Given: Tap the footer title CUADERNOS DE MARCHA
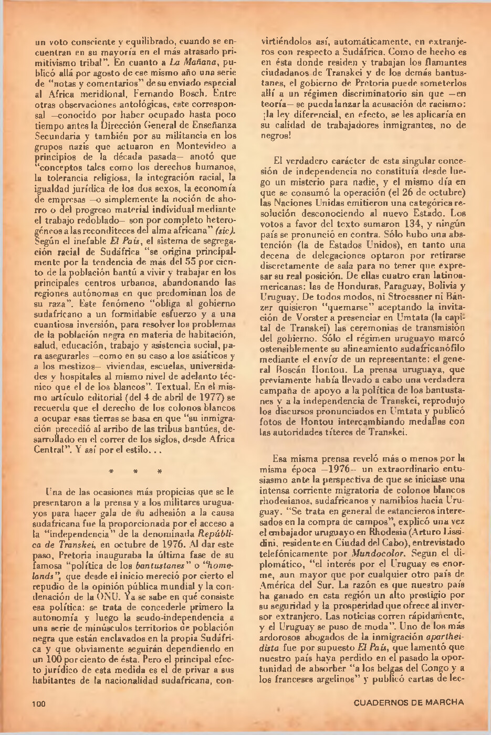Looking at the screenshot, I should (409, 702).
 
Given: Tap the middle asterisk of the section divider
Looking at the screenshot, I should (136, 471).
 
